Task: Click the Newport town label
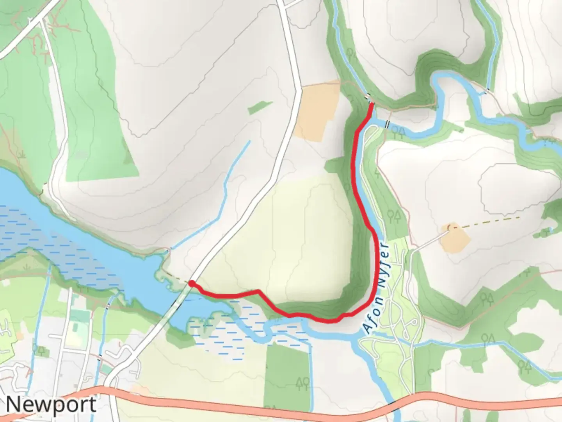point(51,404)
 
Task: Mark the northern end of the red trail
point(371,104)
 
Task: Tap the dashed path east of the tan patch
point(492,222)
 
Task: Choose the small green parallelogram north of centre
point(260,107)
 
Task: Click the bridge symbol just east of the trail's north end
point(387,124)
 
